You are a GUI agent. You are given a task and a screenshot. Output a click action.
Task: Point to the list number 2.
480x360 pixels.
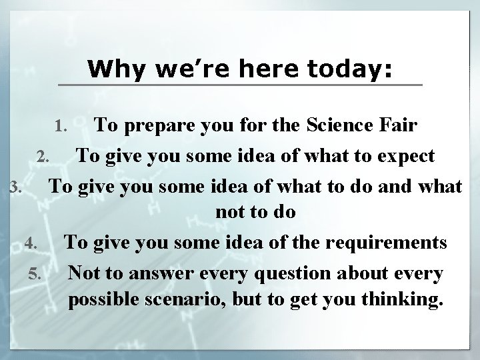(x=42, y=158)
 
